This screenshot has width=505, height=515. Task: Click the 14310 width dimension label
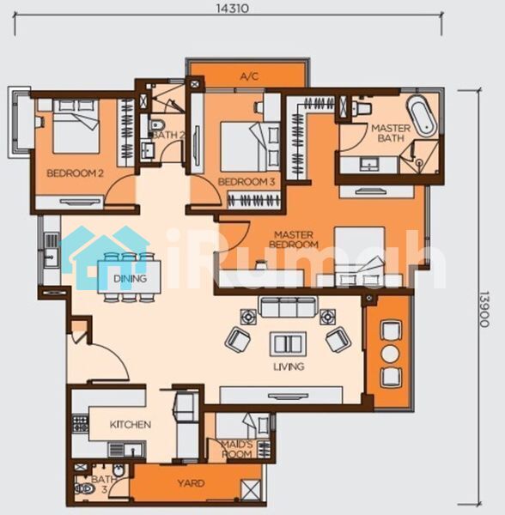232,8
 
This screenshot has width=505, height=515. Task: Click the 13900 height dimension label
484,309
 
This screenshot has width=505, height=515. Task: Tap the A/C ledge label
249,76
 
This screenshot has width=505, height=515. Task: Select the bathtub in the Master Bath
423,115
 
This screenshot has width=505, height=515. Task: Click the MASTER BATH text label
391,133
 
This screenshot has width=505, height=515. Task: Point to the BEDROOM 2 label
75,173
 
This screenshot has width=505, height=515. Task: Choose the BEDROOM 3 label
246,182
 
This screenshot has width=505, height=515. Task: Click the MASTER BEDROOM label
294,239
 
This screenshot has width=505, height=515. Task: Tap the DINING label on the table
130,278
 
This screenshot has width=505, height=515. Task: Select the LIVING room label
289,367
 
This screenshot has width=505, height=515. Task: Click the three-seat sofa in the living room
289,306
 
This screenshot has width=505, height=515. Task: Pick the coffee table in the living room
289,343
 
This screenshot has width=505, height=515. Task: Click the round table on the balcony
390,354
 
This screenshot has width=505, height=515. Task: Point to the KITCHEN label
131,425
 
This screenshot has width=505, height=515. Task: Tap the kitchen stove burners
81,424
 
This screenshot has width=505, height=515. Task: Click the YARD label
191,483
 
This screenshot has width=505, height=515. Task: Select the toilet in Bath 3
84,489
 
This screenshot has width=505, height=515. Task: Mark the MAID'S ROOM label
236,449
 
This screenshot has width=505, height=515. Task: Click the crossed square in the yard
251,489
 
